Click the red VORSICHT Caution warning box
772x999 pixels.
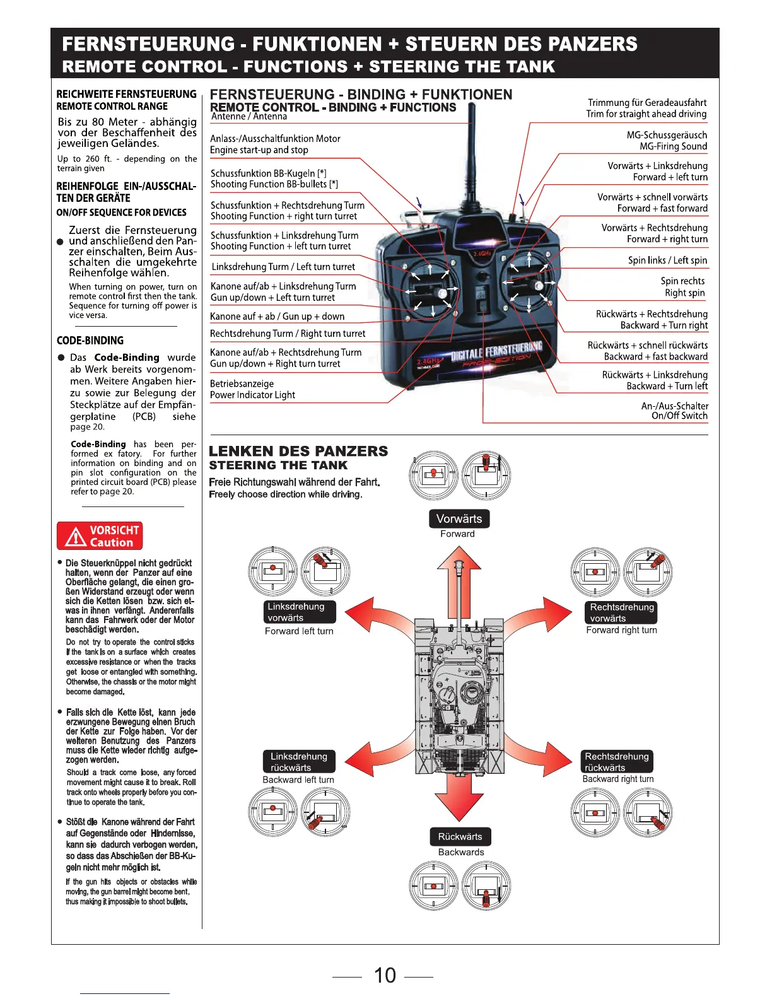click(100, 536)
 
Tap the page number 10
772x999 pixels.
click(385, 975)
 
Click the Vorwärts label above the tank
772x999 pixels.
click(459, 519)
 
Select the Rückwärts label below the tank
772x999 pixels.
click(460, 837)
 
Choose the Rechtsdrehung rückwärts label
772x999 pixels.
click(616, 762)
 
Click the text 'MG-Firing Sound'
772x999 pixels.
click(673, 146)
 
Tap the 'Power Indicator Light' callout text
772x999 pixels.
click(252, 395)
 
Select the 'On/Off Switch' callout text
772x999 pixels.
click(679, 416)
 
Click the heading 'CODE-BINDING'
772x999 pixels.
click(90, 341)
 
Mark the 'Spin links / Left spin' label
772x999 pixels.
click(667, 260)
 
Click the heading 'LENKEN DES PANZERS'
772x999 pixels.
click(298, 452)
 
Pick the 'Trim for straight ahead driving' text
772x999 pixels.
click(646, 114)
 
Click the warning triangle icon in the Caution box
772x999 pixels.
click(75, 537)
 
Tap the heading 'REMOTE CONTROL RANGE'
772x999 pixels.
click(112, 107)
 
